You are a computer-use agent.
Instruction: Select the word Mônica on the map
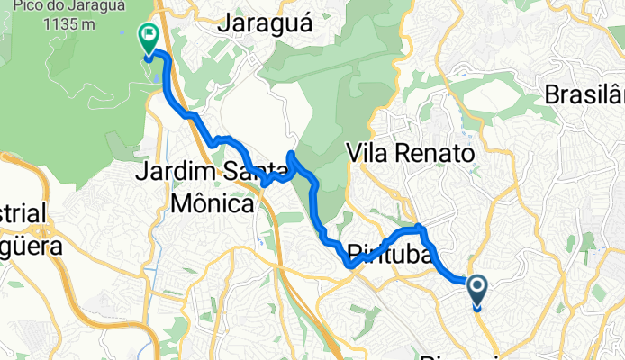coord(211,202)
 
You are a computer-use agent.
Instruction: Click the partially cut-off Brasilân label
coord(584,94)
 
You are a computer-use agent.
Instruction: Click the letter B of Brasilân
coord(551,94)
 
